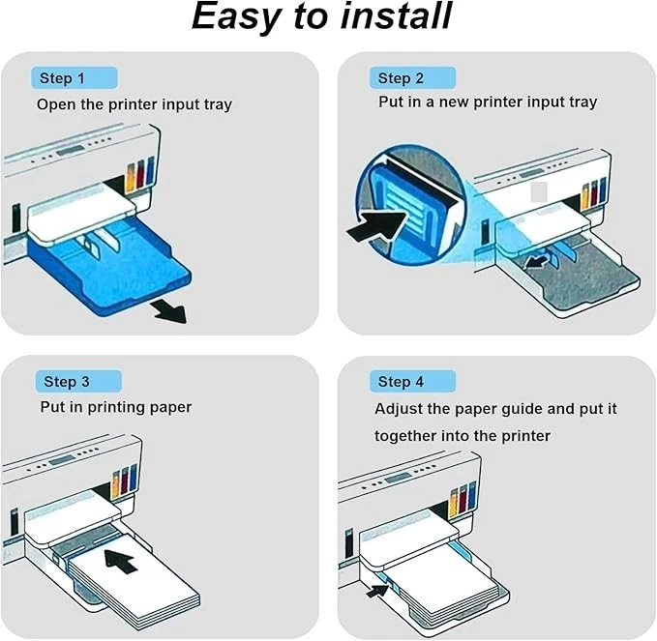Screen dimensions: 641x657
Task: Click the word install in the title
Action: [398, 17]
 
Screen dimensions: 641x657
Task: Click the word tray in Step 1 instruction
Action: [216, 104]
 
